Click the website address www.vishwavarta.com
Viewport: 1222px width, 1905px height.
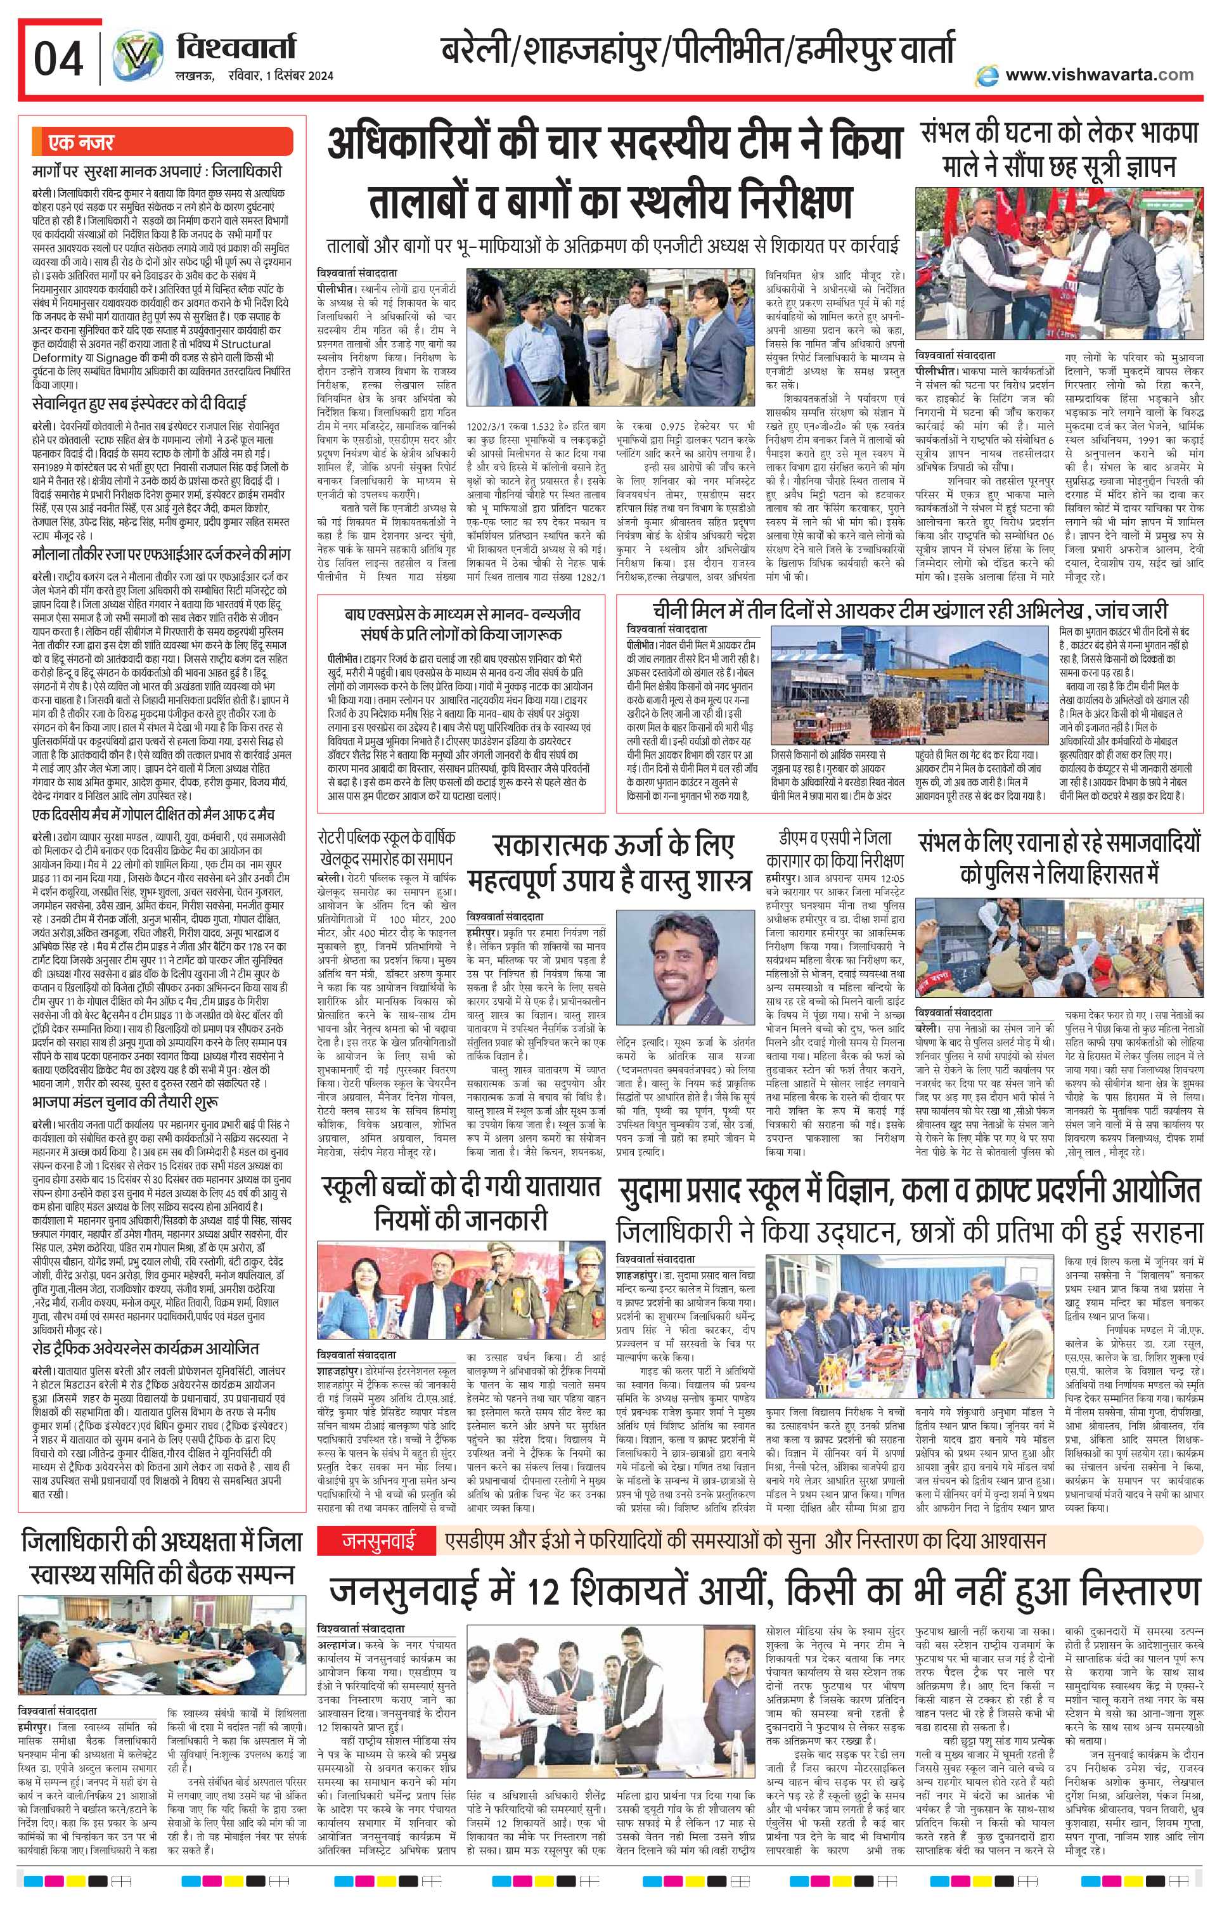point(1098,75)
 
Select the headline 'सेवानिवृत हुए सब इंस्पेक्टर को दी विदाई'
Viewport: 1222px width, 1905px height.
point(139,400)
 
